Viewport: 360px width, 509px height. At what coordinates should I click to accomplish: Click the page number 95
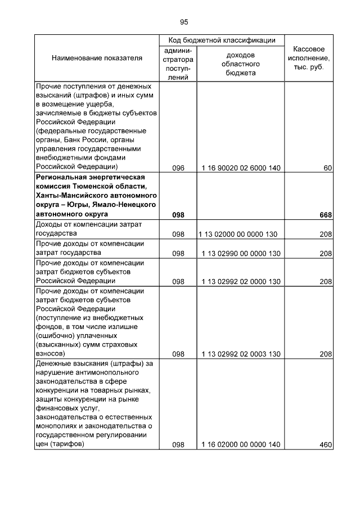[x=184, y=22]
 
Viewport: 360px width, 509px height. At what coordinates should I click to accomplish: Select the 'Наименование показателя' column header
[x=97, y=58]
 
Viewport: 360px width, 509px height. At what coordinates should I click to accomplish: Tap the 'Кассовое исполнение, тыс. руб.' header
[x=309, y=58]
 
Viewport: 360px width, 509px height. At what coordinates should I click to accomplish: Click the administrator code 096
[x=178, y=168]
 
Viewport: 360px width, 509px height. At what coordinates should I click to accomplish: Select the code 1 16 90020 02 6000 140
[x=241, y=168]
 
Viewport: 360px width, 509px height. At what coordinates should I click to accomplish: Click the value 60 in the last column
[x=328, y=168]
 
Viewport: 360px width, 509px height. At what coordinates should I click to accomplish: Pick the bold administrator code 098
[x=178, y=215]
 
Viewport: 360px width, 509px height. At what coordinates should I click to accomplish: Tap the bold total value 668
[x=326, y=215]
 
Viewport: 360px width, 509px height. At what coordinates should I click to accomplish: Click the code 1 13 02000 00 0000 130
[x=241, y=234]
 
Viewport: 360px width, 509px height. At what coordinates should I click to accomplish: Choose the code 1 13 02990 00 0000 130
[x=241, y=254]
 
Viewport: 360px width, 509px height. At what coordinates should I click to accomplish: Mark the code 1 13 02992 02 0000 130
[x=241, y=281]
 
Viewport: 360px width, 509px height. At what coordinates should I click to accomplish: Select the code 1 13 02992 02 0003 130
[x=241, y=354]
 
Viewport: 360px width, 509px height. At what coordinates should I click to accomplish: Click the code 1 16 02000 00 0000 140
[x=241, y=445]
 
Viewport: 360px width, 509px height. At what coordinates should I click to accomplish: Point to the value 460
[x=326, y=445]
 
